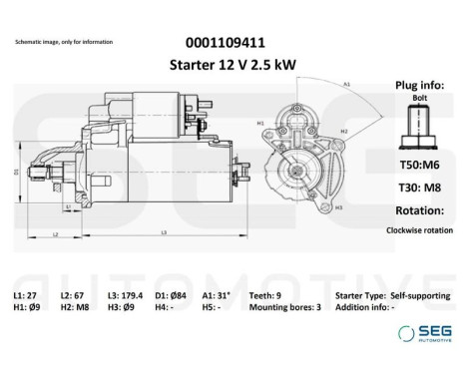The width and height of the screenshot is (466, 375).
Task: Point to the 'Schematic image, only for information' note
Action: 64,42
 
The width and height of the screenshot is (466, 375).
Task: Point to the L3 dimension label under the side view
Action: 163,231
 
